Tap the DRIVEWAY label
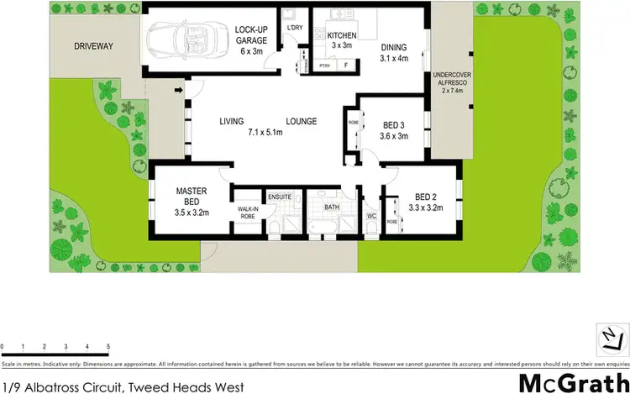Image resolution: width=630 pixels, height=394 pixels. point(93,46)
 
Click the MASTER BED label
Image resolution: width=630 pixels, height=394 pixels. point(192,197)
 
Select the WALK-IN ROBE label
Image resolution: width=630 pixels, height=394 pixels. point(248,213)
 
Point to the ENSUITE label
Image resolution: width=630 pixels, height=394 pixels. point(280,197)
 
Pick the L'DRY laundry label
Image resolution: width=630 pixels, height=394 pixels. point(294,28)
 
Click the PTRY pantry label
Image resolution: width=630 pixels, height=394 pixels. point(324,66)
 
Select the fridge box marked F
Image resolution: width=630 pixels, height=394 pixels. point(345,66)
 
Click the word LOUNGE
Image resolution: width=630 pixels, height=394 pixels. point(301,122)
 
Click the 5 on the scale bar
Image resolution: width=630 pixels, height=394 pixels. point(108,346)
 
